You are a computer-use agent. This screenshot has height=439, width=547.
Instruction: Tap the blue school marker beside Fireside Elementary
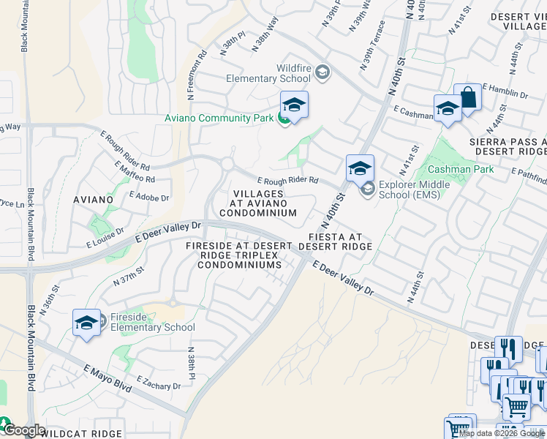pyautogui.click(x=86, y=323)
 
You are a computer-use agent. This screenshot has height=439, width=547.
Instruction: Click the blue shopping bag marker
pyautogui.click(x=467, y=98)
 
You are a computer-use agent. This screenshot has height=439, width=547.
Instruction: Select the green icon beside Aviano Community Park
pyautogui.click(x=283, y=118)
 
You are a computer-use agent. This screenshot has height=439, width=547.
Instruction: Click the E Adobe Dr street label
pyautogui.click(x=148, y=197)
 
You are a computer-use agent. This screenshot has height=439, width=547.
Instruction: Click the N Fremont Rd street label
pyautogui.click(x=195, y=75)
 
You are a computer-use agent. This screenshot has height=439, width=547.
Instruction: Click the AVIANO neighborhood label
pyautogui.click(x=93, y=199)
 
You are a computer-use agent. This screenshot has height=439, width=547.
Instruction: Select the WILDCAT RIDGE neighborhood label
pyautogui.click(x=80, y=433)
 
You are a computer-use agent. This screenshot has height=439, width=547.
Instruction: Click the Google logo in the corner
pyautogui.click(x=24, y=430)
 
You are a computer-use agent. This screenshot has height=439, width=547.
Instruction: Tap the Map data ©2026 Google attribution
pyautogui.click(x=502, y=433)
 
